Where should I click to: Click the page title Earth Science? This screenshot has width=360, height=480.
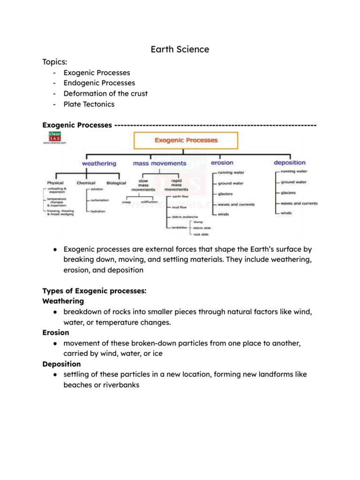180,49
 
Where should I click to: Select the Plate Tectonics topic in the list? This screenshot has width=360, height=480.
89,104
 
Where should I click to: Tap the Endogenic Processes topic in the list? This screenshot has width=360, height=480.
99,83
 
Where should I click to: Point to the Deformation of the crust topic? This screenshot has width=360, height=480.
105,93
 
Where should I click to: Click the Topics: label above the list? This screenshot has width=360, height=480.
55,62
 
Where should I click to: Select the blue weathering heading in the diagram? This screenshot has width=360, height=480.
99,164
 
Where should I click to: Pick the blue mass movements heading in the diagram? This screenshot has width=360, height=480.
159,164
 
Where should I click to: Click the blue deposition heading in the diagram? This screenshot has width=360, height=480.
289,163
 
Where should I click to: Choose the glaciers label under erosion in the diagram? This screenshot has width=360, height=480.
225,194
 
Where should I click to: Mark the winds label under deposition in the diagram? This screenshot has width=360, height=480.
286,213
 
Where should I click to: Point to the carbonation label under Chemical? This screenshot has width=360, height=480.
99,200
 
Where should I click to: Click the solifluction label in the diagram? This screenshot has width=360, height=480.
149,202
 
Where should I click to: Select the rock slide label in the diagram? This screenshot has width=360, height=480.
201,234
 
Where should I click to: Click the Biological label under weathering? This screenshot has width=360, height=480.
116,183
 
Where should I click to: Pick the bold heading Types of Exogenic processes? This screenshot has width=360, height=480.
94,291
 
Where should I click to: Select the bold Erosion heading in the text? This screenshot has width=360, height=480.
56,332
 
